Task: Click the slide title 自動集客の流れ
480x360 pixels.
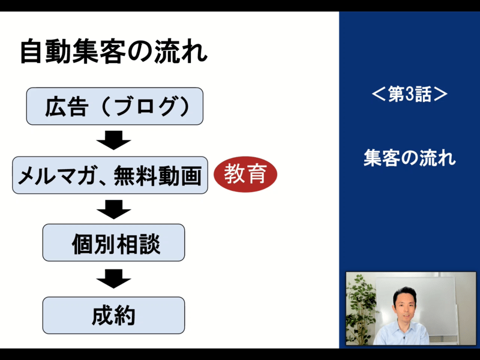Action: coord(113,51)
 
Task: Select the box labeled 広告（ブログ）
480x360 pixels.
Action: coord(115,106)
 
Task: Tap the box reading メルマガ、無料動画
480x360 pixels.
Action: coord(110,175)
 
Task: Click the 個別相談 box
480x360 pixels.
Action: coord(113,242)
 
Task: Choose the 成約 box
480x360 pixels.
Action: coord(113,315)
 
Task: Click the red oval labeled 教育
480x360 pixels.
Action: coord(245,174)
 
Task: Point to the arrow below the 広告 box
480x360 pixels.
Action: coord(113,140)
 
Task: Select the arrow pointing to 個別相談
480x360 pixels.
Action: coord(113,209)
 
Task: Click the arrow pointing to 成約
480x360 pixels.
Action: coord(113,279)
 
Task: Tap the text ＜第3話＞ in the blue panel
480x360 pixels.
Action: coord(410,94)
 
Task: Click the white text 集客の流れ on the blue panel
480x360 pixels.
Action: coord(410,158)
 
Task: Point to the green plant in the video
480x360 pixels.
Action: coord(361,309)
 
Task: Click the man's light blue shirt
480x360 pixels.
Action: coord(401,333)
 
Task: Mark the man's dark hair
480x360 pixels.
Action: coord(404,293)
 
